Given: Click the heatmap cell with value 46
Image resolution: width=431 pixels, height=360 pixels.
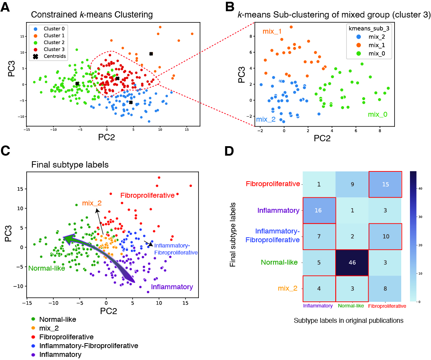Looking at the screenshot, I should click(x=352, y=263).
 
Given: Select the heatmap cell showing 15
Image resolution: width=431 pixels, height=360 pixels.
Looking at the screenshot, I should click(x=385, y=184).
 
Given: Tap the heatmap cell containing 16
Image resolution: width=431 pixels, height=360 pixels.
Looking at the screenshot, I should click(x=318, y=210).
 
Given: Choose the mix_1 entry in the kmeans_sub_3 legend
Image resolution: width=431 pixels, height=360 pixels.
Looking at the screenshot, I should click(x=372, y=45).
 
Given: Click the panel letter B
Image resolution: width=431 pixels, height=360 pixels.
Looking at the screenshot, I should click(x=230, y=7).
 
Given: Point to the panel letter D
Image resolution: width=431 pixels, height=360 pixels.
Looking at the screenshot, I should click(x=229, y=151).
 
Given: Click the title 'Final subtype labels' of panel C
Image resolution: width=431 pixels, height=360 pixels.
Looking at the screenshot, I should click(x=70, y=165).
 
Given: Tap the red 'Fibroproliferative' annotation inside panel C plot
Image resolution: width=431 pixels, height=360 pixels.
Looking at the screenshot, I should click(x=147, y=195).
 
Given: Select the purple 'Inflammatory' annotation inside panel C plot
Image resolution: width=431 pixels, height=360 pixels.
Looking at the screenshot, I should click(x=172, y=287).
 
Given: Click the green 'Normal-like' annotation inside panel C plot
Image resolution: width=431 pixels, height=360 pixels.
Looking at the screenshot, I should click(x=47, y=268).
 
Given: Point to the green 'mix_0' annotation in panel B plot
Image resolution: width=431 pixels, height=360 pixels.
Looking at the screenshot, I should click(x=377, y=115).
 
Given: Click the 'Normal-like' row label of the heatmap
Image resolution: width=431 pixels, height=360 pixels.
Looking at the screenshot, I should click(x=279, y=262).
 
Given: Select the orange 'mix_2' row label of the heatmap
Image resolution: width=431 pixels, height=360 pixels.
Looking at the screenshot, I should click(x=288, y=288).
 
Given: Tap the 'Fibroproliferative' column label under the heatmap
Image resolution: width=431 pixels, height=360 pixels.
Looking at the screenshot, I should click(x=387, y=306).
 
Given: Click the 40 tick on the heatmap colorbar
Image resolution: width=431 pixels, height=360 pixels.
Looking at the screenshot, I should click(x=420, y=189).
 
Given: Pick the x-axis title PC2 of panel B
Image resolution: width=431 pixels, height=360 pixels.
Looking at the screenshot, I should click(x=322, y=138).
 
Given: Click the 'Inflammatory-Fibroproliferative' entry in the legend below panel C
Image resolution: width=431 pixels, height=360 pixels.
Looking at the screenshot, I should click(x=88, y=346).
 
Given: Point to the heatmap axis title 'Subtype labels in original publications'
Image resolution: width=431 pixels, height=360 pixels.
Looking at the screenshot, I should click(x=349, y=320).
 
